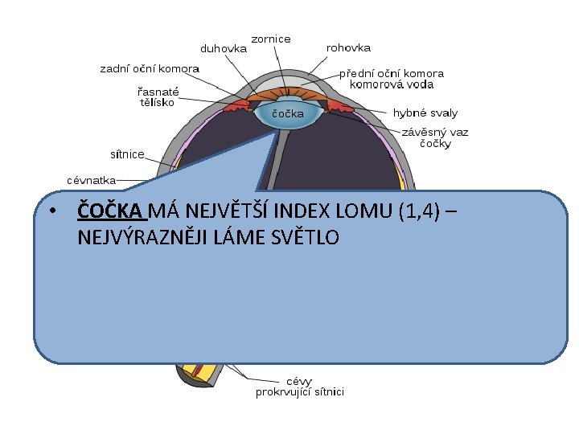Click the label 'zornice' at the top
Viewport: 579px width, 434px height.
point(271,39)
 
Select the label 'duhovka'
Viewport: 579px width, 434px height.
point(224,48)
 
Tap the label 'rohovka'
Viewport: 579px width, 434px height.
point(348,48)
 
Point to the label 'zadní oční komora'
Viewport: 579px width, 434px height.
point(150,69)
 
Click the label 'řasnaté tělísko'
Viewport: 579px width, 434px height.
point(158,96)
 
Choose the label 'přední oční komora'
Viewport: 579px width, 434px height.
point(391,73)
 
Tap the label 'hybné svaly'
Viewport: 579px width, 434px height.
point(425,113)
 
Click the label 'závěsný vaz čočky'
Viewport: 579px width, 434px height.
point(435,137)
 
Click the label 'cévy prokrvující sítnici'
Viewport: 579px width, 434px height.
point(299,387)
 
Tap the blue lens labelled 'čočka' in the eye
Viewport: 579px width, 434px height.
point(287,114)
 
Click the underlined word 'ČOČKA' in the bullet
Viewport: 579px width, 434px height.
point(109,211)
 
